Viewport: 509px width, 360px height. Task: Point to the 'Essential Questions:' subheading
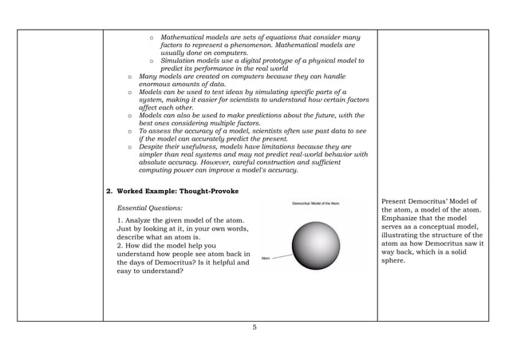point(150,208)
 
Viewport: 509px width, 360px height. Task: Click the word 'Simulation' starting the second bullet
point(180,61)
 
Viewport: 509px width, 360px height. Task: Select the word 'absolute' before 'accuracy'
point(155,163)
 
